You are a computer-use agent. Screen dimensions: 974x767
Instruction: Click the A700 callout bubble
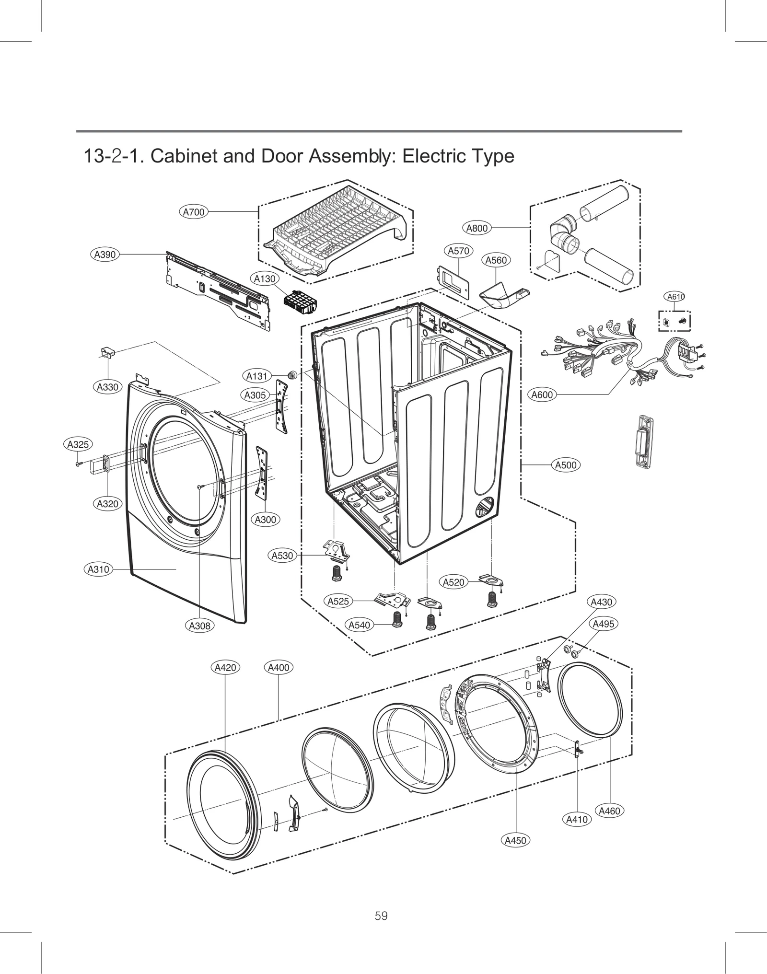pyautogui.click(x=194, y=212)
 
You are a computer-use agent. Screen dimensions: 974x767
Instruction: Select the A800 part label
pyautogui.click(x=477, y=228)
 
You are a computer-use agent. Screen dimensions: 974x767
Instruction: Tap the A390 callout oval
pyautogui.click(x=105, y=255)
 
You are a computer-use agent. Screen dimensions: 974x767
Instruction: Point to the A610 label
pyautogui.click(x=675, y=297)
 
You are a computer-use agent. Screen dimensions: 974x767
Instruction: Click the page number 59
pyautogui.click(x=381, y=916)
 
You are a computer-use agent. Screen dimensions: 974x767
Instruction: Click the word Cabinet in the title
pyautogui.click(x=184, y=156)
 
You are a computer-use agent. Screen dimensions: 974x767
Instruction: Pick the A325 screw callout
pyautogui.click(x=78, y=444)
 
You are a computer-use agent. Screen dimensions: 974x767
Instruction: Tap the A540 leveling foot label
pyautogui.click(x=359, y=625)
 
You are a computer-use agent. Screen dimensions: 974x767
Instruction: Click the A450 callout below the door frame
pyautogui.click(x=516, y=840)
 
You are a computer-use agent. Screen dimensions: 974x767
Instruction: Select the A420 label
pyautogui.click(x=225, y=667)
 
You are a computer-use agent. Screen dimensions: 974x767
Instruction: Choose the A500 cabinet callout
pyautogui.click(x=566, y=465)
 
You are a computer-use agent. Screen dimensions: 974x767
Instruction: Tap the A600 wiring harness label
pyautogui.click(x=542, y=395)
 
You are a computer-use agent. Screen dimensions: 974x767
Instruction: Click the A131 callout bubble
pyautogui.click(x=256, y=376)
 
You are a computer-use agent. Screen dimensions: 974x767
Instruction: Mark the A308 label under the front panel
pyautogui.click(x=199, y=626)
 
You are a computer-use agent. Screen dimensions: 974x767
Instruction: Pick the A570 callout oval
pyautogui.click(x=459, y=251)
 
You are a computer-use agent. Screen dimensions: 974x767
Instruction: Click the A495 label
pyautogui.click(x=603, y=624)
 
